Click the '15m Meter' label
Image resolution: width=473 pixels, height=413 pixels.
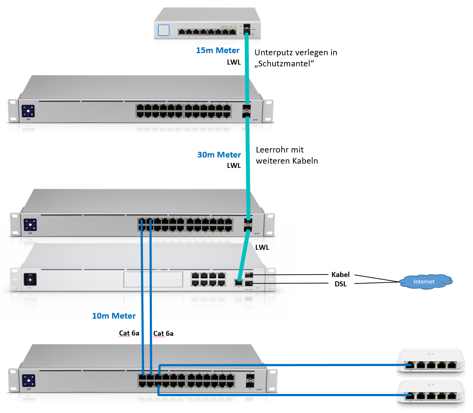pyautogui.click(x=218, y=51)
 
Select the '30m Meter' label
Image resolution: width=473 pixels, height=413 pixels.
pyautogui.click(x=219, y=155)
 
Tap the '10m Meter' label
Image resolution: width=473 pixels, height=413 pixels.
pyautogui.click(x=114, y=316)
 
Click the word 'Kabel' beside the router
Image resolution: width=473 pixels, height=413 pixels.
pyautogui.click(x=340, y=274)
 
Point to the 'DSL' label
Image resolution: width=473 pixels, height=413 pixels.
pyautogui.click(x=340, y=284)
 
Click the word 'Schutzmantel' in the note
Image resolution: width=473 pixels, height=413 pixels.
pyautogui.click(x=284, y=64)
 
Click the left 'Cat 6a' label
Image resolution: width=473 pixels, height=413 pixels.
pyautogui.click(x=129, y=333)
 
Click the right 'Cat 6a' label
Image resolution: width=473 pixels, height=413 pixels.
pyautogui.click(x=163, y=334)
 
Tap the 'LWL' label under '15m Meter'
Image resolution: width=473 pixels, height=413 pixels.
pyautogui.click(x=234, y=62)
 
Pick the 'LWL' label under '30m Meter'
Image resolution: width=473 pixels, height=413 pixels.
pyautogui.click(x=234, y=166)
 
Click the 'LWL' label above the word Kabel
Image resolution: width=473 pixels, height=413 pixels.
pyautogui.click(x=262, y=248)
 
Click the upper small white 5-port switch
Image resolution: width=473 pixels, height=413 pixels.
pyautogui.click(x=431, y=361)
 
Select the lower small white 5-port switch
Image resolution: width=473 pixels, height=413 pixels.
pyautogui.click(x=431, y=392)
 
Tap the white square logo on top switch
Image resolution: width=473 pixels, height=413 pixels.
pyautogui.click(x=163, y=30)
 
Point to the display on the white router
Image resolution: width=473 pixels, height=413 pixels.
pyautogui.click(x=30, y=280)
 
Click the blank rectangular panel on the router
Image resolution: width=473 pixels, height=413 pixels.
pyautogui.click(x=153, y=279)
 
